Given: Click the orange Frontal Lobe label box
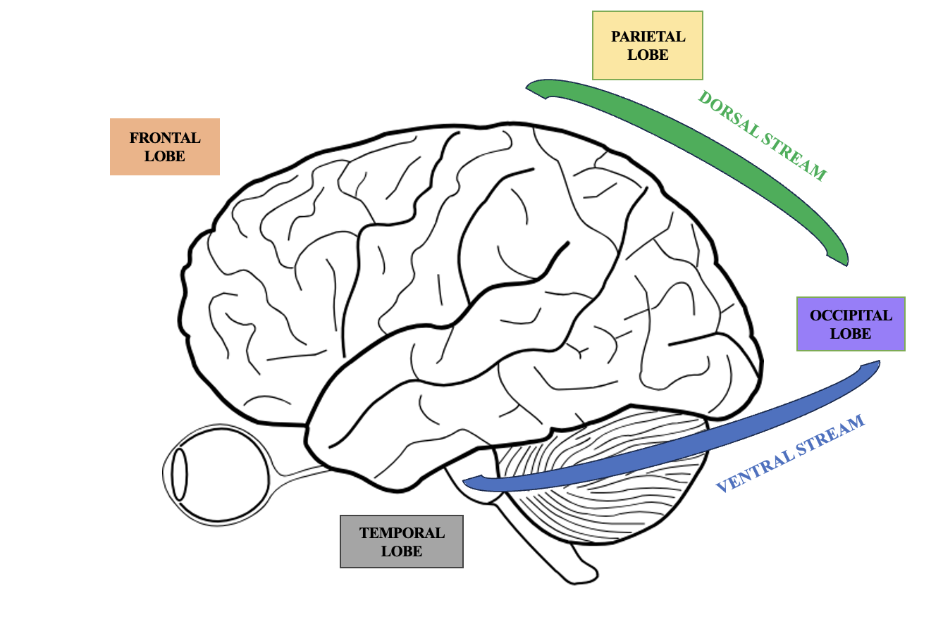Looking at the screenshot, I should click(164, 146).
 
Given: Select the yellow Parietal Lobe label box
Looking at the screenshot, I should click(648, 45).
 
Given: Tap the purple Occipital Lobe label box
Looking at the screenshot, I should click(851, 324).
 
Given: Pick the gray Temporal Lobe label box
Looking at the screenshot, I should click(402, 542).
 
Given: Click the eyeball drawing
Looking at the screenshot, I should click(218, 473).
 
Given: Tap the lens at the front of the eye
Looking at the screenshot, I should click(180, 473).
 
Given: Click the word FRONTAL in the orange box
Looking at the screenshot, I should click(165, 139).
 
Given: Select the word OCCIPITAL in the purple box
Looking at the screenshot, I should click(851, 315).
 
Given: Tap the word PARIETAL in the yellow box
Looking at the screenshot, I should click(648, 37).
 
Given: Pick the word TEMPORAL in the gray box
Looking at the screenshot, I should click(402, 533).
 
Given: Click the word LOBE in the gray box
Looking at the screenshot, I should click(402, 551).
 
